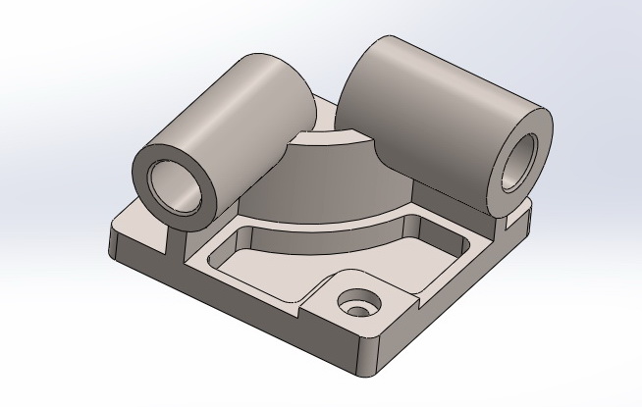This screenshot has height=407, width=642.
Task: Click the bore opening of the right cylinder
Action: coord(517,161)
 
